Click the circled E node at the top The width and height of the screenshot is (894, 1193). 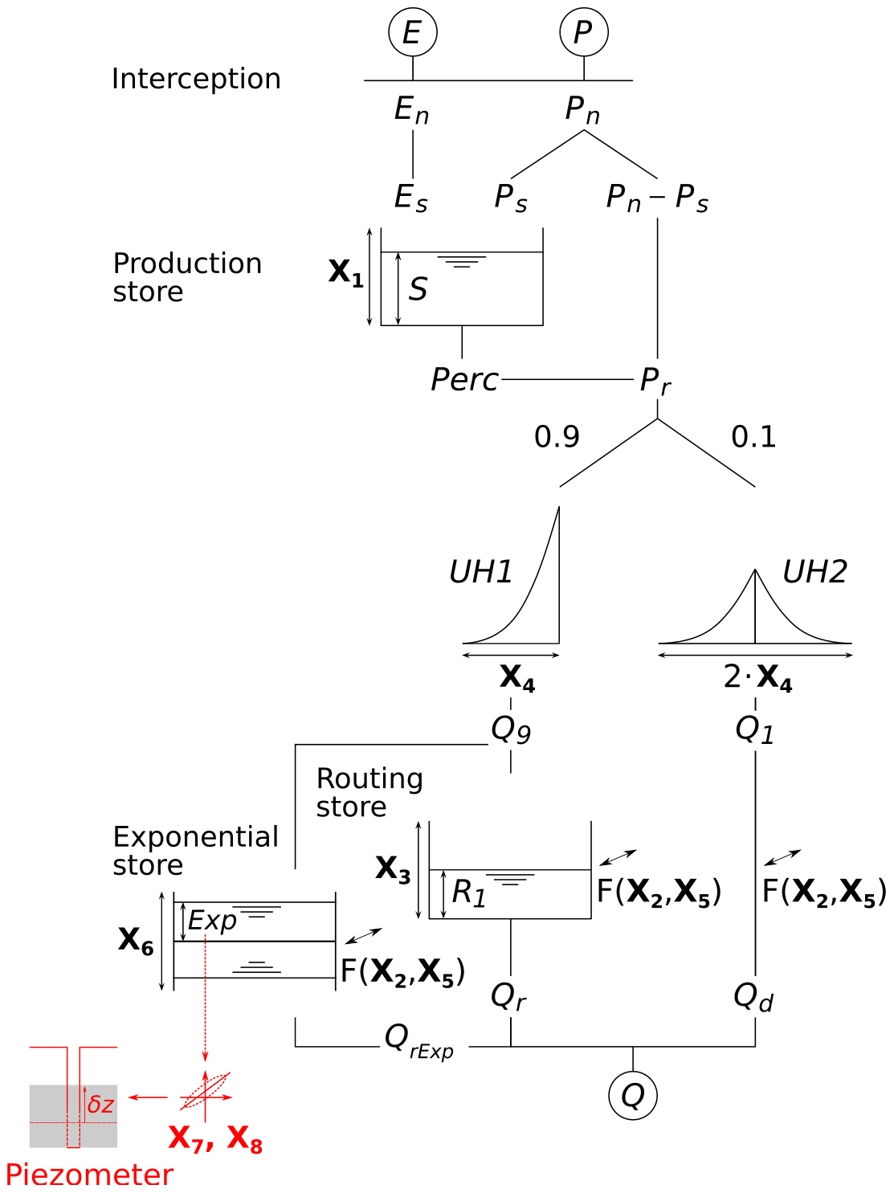412,33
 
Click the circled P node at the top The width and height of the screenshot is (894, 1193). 584,33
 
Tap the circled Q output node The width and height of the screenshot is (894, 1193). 633,1095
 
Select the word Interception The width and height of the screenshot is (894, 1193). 196,79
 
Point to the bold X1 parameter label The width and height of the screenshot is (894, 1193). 346,273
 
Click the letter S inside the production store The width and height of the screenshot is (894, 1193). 418,289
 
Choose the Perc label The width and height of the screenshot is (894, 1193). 464,380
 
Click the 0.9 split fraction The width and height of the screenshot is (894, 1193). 557,437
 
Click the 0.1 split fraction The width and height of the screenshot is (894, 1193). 753,437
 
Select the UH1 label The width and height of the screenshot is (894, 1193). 480,572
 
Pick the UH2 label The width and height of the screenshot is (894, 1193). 814,572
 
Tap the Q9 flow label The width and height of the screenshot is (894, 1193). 511,729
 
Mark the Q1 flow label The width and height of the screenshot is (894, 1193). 755,729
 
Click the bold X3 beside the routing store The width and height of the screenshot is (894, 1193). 393,869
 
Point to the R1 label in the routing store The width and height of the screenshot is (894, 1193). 469,893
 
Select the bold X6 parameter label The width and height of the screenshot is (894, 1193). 136,940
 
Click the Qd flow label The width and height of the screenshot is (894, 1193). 753,997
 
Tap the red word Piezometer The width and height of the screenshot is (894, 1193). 89,1175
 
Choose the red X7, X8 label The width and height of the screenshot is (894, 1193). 215,1138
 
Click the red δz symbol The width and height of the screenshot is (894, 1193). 100,1105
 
